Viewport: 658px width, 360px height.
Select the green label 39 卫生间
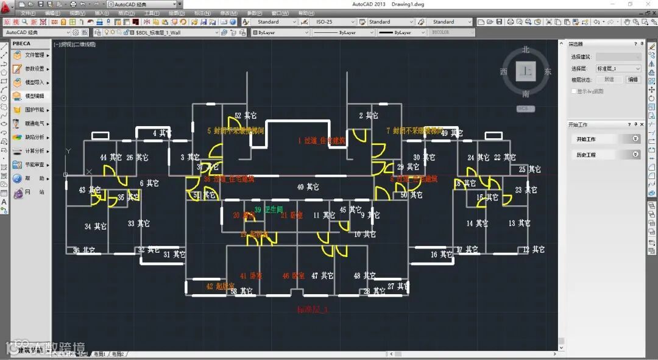click(x=269, y=210)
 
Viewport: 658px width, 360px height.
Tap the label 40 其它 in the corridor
click(x=308, y=187)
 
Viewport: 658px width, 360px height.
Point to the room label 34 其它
click(x=96, y=227)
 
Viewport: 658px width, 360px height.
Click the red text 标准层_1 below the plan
click(x=313, y=309)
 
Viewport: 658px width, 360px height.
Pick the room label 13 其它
click(x=520, y=224)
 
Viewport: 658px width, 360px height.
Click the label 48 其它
click(x=366, y=276)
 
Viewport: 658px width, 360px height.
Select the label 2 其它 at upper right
click(x=369, y=116)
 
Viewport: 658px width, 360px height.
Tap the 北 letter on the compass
click(x=526, y=50)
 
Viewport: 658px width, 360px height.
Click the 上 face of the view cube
click(x=525, y=71)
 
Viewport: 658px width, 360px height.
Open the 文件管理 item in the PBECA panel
click(x=34, y=55)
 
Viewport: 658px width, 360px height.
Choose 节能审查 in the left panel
click(x=34, y=164)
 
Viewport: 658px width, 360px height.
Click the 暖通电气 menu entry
click(x=34, y=124)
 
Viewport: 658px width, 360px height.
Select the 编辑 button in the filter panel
click(x=633, y=79)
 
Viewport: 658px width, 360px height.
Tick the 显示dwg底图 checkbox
click(x=574, y=91)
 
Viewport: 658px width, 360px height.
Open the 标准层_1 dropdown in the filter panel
click(x=618, y=69)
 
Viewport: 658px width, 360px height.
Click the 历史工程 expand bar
click(x=607, y=155)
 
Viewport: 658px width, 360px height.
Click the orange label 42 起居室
click(x=220, y=286)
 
